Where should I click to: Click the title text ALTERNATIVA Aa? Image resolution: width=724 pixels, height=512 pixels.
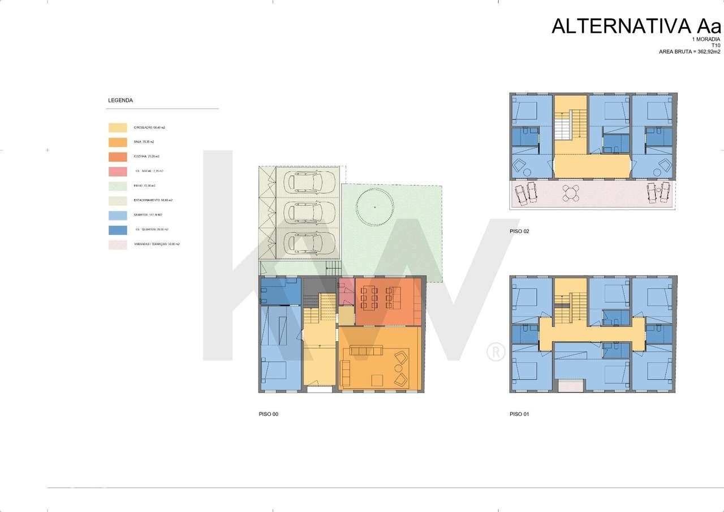pos(636,26)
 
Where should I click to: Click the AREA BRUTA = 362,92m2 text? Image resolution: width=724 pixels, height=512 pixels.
pos(689,51)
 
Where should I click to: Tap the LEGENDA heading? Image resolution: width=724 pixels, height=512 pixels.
pos(120,100)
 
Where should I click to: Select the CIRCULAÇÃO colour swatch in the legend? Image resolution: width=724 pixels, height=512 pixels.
pos(118,127)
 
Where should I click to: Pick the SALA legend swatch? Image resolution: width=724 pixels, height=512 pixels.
pos(118,142)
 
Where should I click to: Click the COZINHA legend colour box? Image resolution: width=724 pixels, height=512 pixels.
pos(118,157)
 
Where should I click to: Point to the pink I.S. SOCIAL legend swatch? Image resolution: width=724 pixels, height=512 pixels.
pos(118,171)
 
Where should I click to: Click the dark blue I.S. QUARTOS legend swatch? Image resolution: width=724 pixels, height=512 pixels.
pos(118,230)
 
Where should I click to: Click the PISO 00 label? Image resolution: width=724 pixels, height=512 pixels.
pos(268,414)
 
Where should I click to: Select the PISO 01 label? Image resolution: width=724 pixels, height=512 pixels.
pos(519,414)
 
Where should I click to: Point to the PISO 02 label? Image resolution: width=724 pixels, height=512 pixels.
pos(519,231)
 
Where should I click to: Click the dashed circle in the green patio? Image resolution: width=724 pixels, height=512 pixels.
pos(375,208)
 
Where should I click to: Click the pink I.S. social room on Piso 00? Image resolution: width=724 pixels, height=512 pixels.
pos(346,292)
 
